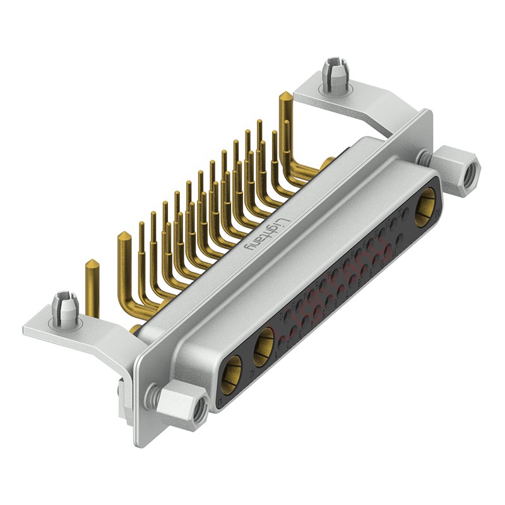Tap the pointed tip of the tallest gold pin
pyautogui.click(x=285, y=96)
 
